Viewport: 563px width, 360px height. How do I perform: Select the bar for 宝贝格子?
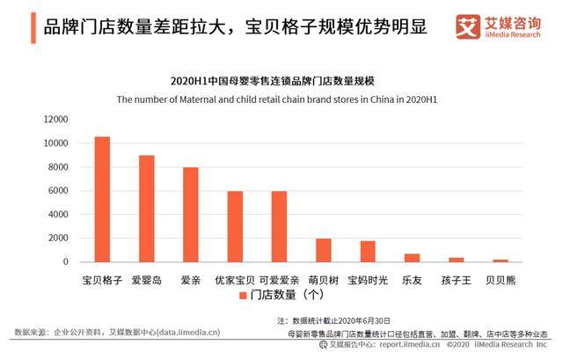[103, 200]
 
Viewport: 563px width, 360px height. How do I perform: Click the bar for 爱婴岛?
[147, 209]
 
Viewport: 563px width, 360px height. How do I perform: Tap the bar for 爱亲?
[191, 215]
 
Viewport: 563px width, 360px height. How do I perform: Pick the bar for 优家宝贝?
[235, 226]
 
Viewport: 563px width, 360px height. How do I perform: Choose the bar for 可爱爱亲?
[279, 226]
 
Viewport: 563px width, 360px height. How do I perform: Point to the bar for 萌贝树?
[323, 250]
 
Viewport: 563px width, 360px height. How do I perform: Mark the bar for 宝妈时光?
[367, 252]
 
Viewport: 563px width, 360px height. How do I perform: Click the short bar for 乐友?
[412, 258]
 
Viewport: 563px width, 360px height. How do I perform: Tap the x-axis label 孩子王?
[456, 280]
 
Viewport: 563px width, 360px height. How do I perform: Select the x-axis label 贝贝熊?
[500, 280]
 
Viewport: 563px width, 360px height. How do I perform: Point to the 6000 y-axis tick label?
[57, 191]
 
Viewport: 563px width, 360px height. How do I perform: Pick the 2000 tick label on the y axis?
[57, 239]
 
